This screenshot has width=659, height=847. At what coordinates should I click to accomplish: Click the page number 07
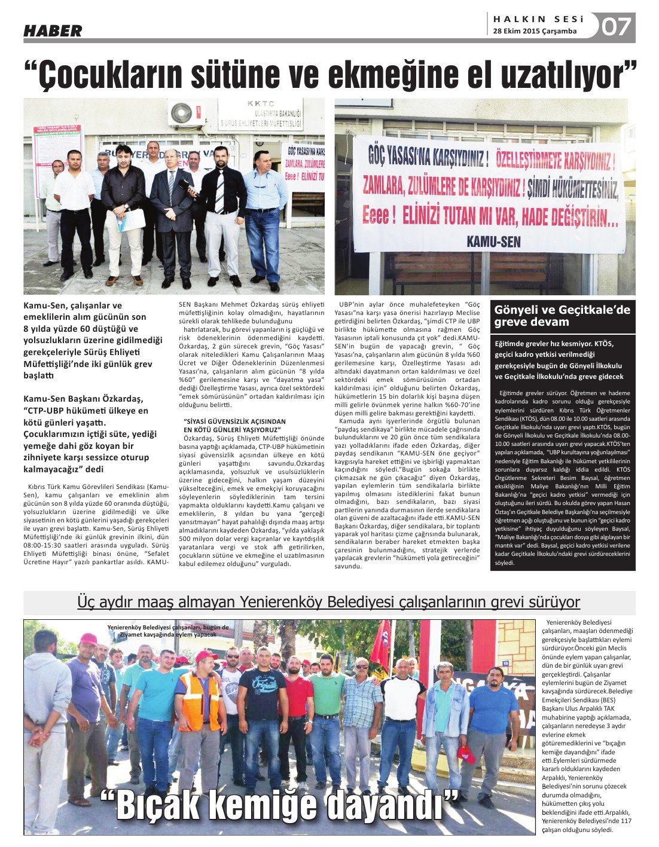[x=616, y=26]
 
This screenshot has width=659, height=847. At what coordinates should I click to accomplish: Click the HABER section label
[x=53, y=30]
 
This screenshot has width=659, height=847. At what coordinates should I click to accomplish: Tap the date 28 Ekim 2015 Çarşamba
[x=535, y=31]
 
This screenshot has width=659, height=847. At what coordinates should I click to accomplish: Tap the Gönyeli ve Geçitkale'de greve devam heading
[x=562, y=316]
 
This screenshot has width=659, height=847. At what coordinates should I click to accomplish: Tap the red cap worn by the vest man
[x=206, y=656]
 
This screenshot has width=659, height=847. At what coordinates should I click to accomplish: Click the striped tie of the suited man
[x=220, y=190]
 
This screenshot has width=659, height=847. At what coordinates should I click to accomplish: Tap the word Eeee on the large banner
[x=378, y=215]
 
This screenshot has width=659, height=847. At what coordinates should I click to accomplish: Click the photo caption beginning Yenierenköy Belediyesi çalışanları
[x=167, y=631]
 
